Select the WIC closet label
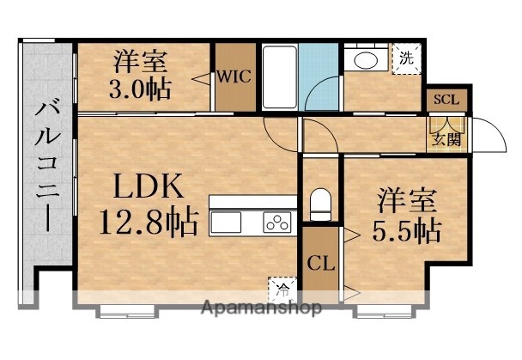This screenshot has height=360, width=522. coord(233,76)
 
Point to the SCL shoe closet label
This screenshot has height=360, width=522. coord(446,100)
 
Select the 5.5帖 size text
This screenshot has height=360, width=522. coord(407,231)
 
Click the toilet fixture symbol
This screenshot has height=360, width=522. coord(320,204)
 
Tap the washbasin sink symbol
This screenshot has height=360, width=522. coord(365,63)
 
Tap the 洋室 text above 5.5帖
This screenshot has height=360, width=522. coord(407,203)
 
